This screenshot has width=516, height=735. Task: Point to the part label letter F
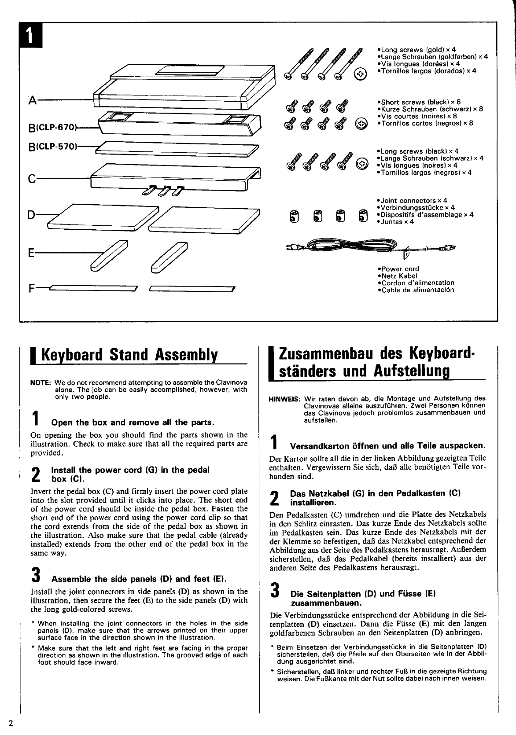coord(31,289)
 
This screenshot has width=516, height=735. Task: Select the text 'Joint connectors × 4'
coord(414,201)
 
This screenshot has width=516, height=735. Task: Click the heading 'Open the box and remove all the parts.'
coord(133,423)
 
